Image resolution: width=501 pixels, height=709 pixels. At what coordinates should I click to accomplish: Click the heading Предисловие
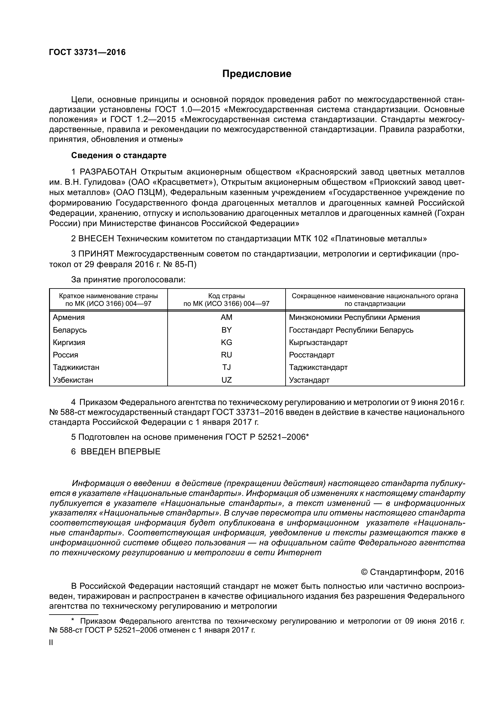[257, 74]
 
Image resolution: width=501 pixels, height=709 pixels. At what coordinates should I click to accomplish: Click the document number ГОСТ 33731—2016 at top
[87, 52]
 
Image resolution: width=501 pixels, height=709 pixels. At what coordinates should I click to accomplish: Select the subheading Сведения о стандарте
[119, 155]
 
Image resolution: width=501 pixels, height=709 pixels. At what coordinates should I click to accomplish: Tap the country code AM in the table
[226, 317]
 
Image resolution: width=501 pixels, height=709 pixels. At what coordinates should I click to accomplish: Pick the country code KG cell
[226, 343]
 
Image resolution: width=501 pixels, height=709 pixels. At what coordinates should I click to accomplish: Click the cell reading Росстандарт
[312, 355]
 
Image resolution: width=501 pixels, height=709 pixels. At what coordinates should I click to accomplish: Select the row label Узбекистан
[73, 380]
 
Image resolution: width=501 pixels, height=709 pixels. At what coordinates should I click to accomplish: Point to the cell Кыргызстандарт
[318, 343]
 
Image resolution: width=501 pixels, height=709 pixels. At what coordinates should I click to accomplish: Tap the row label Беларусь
[70, 330]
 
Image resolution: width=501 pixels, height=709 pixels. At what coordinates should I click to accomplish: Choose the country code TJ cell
[226, 367]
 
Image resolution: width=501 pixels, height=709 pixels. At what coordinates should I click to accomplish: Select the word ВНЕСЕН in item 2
[96, 239]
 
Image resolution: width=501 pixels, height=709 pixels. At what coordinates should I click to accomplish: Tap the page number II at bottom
[51, 643]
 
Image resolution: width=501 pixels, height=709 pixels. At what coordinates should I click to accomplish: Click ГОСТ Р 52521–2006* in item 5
[266, 437]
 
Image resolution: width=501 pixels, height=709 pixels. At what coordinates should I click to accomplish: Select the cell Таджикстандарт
[318, 367]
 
